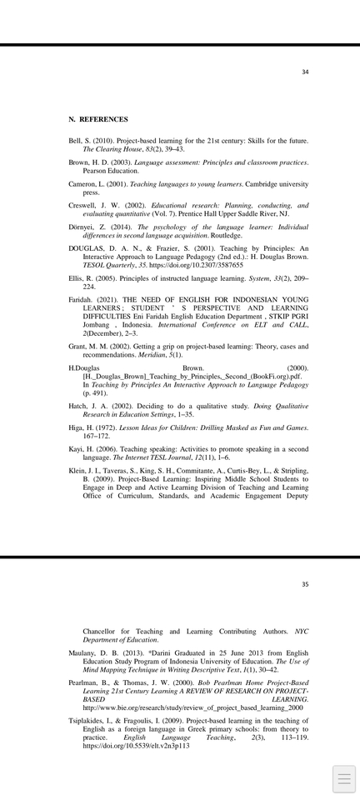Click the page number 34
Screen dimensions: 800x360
[305, 72]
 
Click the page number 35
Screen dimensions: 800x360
[305, 584]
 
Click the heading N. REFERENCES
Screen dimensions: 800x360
[98, 120]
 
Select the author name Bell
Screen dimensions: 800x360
[75, 142]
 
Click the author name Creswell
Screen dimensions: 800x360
[83, 205]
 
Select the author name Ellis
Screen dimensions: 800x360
[76, 278]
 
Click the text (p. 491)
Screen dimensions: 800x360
[95, 393]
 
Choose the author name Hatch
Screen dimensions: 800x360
[77, 406]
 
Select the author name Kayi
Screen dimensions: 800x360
[76, 449]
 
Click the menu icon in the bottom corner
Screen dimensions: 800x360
[344, 779]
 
